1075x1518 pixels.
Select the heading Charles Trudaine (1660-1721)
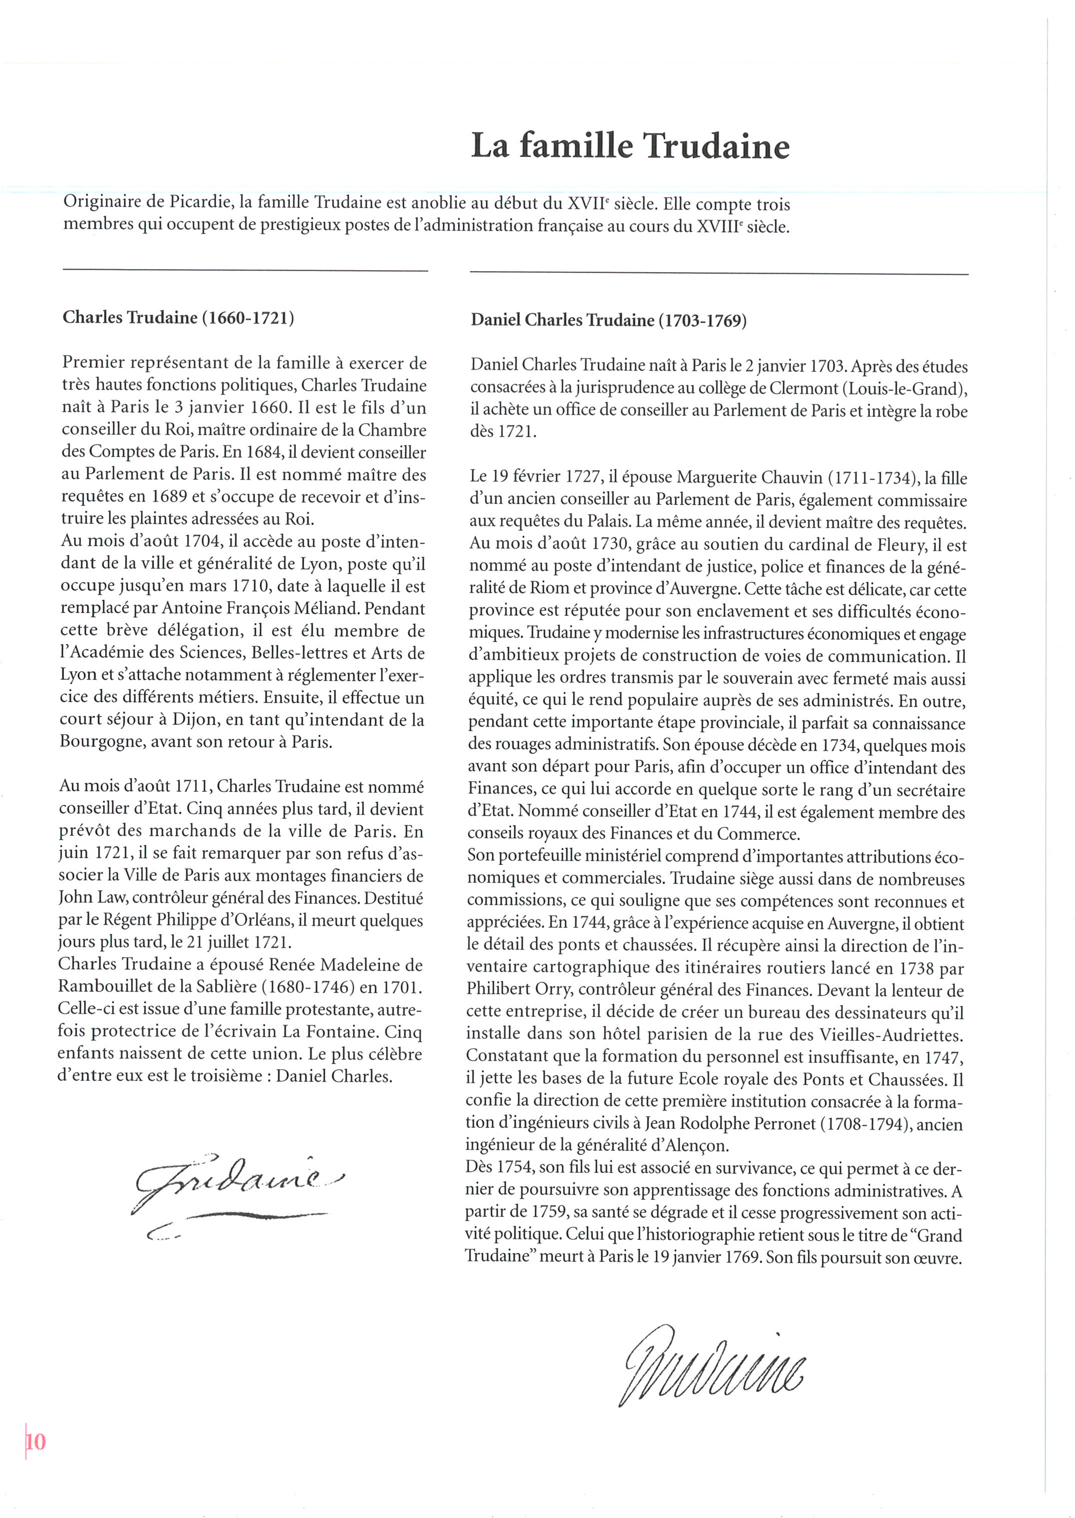click(x=178, y=318)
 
